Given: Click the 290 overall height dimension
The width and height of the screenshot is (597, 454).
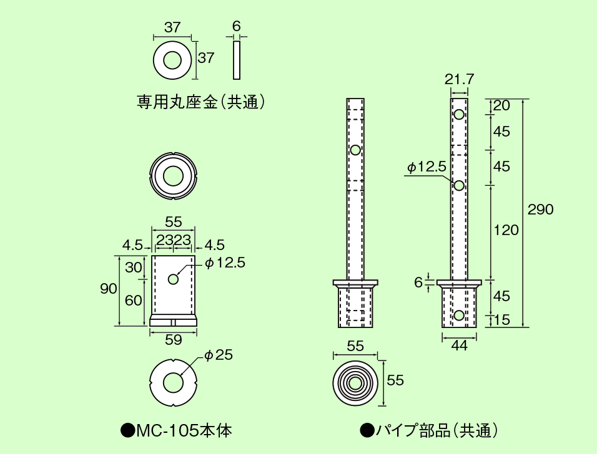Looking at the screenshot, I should tap(540, 210).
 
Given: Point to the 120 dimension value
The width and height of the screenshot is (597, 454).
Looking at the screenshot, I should tap(506, 230).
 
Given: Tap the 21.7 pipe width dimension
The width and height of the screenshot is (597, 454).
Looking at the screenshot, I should tap(460, 79).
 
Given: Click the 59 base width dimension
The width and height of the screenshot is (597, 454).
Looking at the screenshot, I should tap(174, 340).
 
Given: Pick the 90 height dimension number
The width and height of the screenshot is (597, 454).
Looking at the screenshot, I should tap(109, 288).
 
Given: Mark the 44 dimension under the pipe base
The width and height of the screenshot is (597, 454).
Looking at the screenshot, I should tap(459, 347).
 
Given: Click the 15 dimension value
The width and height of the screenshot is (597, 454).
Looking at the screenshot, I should tap(502, 320).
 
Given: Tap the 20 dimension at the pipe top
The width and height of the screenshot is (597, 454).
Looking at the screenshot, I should tap(501, 105).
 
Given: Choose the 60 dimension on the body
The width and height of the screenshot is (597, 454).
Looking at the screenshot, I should tap(134, 300).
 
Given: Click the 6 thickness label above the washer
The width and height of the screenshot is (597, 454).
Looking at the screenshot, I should tap(236, 26).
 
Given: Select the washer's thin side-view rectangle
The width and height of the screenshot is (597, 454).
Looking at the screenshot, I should tap(237, 60).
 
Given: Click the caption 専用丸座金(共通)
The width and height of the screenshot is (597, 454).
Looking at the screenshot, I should tap(201, 102).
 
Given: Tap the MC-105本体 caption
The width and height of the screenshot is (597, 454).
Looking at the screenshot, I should tap(177, 430).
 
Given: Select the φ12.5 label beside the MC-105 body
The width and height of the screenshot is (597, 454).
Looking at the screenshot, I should tap(225, 263).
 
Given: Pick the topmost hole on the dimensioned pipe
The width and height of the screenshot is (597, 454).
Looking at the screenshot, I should tap(459, 115).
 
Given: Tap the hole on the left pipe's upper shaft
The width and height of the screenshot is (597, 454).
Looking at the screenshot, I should tap(355, 150).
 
